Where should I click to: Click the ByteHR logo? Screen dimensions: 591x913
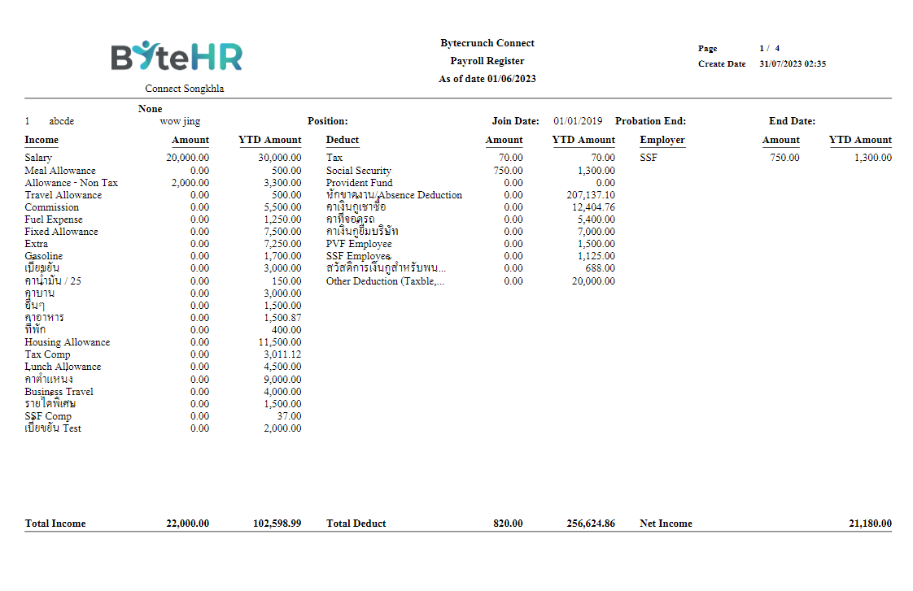(x=177, y=56)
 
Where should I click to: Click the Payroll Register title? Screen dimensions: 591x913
(x=487, y=61)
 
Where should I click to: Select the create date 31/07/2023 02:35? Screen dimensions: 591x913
(x=792, y=64)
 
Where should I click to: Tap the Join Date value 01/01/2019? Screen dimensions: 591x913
(x=578, y=121)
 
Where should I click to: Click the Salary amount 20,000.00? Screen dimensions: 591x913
(x=187, y=158)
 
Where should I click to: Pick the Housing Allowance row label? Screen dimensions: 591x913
(x=67, y=342)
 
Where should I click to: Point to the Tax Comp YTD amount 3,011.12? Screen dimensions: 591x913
(x=282, y=354)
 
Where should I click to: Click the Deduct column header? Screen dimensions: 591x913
(x=342, y=140)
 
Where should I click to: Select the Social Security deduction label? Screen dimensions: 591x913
(x=358, y=171)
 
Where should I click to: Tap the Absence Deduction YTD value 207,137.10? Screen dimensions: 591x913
(x=591, y=195)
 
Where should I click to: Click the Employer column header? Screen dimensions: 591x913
(x=662, y=140)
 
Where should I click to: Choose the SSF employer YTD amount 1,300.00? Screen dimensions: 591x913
(x=872, y=158)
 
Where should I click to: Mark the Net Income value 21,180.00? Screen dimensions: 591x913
(x=870, y=524)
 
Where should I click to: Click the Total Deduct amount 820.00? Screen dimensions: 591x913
(x=508, y=524)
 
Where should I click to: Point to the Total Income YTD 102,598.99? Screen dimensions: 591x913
(x=277, y=524)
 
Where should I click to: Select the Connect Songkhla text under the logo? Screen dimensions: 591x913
(x=184, y=89)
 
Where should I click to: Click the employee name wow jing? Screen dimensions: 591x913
(x=180, y=121)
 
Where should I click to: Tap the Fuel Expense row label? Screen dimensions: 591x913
(x=53, y=219)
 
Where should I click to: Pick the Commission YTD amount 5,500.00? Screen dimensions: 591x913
(x=282, y=207)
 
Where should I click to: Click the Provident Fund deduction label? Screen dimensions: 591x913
(x=359, y=183)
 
